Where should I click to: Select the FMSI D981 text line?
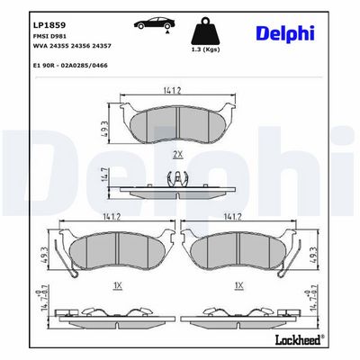pyautogui.click(x=45, y=36)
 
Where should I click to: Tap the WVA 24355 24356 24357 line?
pyautogui.click(x=71, y=46)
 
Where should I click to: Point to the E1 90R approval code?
pyautogui.click(x=69, y=65)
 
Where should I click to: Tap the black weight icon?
pyautogui.click(x=206, y=31)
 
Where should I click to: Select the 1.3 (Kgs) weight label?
pyautogui.click(x=206, y=49)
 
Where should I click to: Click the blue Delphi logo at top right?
pyautogui.click(x=285, y=34)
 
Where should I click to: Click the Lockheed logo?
pyautogui.click(x=299, y=339)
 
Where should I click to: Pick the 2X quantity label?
pyautogui.click(x=177, y=155)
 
